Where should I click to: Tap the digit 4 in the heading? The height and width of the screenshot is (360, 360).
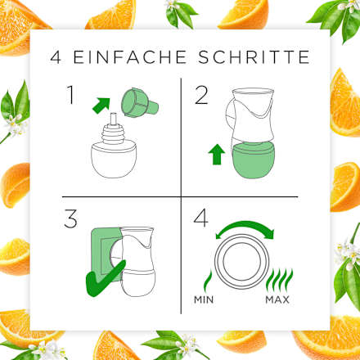[x=56, y=58]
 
